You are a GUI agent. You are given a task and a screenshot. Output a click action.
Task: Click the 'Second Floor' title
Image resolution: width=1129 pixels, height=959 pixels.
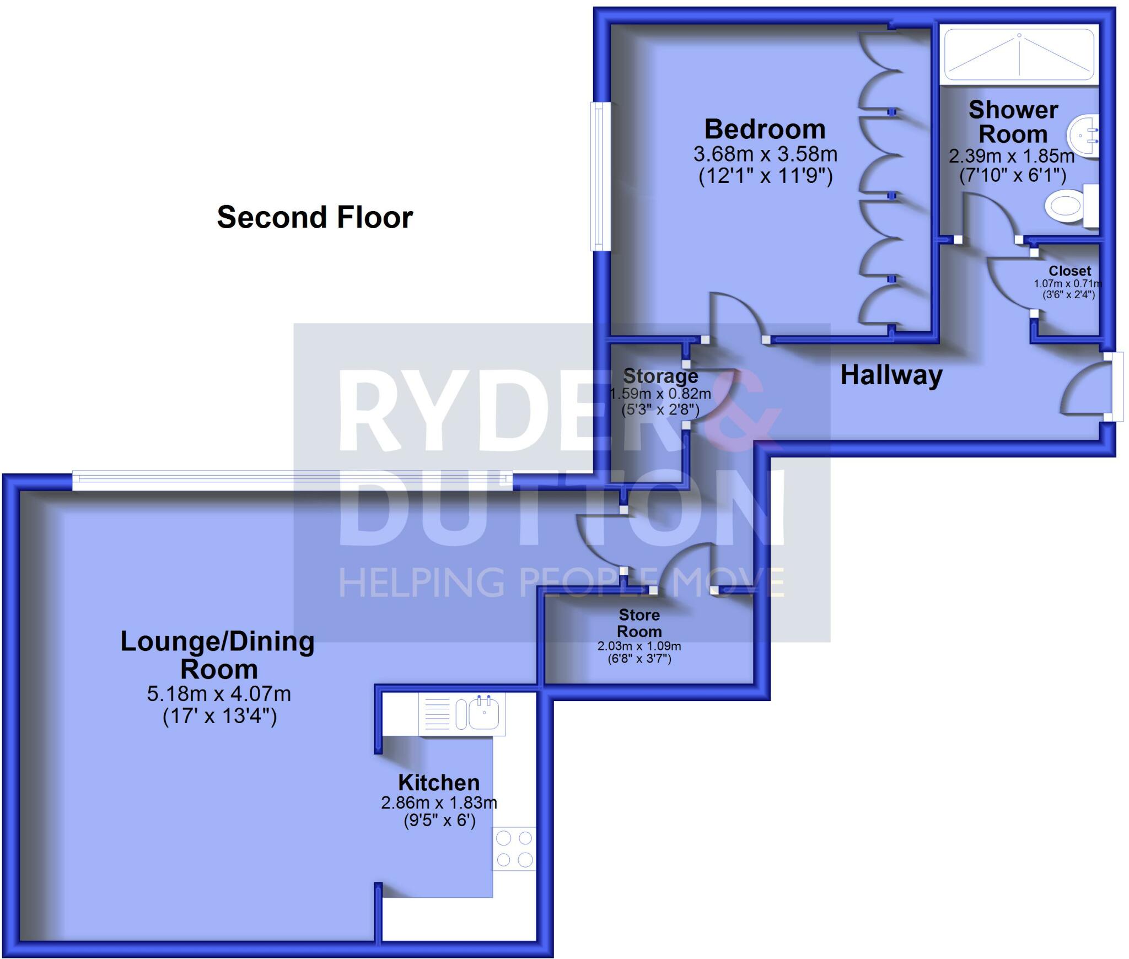coord(315,217)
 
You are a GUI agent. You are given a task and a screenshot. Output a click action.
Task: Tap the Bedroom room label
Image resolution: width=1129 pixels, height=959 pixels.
coord(765,130)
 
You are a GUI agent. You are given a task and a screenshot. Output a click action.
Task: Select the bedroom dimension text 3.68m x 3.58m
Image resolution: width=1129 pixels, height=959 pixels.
coord(765,154)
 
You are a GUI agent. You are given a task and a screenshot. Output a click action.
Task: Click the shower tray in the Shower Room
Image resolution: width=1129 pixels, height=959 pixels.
coord(1019,56)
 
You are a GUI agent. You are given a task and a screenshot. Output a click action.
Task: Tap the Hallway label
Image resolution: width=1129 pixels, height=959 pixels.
coord(891,375)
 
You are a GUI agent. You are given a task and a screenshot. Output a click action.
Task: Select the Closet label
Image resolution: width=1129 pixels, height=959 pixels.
coord(1069,271)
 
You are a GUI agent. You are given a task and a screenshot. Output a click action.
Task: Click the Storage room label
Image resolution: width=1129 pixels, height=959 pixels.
coord(660,376)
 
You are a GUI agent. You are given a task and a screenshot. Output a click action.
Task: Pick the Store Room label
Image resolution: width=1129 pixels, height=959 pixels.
coord(639,623)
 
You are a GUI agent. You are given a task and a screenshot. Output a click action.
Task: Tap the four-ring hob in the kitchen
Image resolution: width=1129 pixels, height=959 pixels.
coord(514,849)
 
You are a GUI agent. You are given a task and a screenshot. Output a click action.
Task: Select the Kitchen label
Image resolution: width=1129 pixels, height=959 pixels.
coord(439,783)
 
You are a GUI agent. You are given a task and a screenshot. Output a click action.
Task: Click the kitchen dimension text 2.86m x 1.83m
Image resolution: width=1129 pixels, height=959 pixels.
coord(439,802)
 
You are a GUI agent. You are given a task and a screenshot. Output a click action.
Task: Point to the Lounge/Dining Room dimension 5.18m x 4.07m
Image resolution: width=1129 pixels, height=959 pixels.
coord(219,693)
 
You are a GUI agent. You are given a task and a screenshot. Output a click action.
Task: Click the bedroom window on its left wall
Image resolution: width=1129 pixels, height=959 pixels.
coord(598,176)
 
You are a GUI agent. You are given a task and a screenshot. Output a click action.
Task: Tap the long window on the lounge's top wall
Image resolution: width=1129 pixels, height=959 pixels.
coord(292,481)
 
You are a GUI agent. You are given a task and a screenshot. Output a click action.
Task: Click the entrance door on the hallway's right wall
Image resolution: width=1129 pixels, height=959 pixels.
coord(1116,387)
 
